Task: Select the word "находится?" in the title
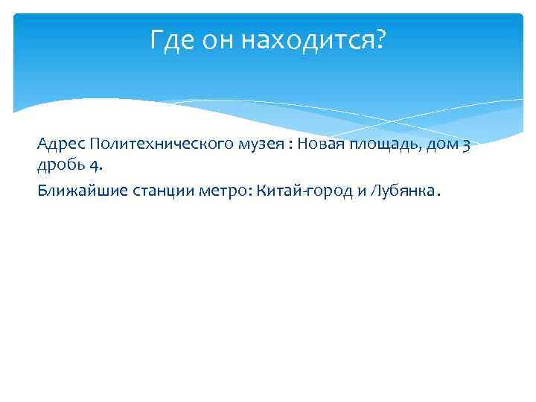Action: (x=314, y=40)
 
